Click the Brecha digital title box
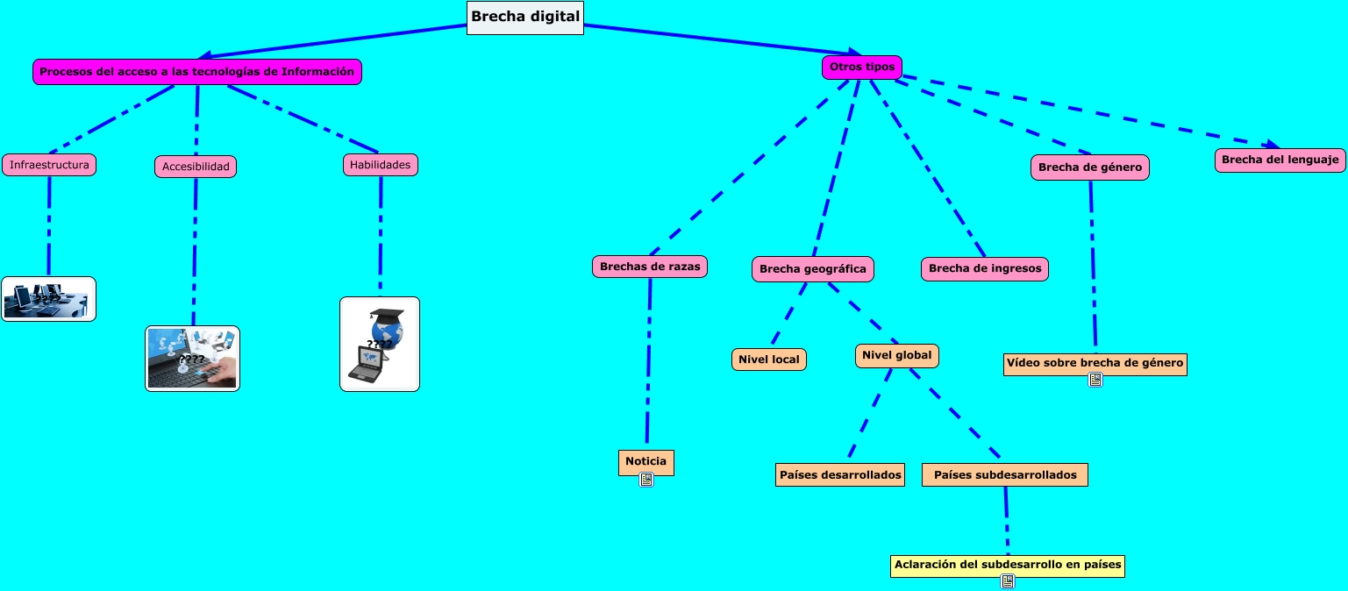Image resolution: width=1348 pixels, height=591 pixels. pos(525,17)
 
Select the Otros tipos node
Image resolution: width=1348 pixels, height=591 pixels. pos(861,68)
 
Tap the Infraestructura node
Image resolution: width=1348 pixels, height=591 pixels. pos(49,165)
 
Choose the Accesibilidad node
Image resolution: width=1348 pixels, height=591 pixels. pos(196,167)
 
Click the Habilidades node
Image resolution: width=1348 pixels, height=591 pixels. pos(380,165)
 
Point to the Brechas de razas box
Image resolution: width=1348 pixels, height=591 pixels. pos(650,267)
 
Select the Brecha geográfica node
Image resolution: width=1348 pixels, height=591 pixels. pos(812,269)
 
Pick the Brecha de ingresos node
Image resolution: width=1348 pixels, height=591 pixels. pos(984,269)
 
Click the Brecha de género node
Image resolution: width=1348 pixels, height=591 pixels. pos(1089,167)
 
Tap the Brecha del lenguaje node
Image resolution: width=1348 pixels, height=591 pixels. pos(1280,160)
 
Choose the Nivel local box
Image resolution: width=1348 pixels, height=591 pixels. pos(768,360)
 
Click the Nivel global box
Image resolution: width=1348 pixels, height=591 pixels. pos(896,355)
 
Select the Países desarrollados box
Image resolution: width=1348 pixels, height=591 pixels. pos(839,475)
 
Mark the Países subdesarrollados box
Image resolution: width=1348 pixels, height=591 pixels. pos(1005,475)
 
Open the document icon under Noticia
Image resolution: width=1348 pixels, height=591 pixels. pos(646,480)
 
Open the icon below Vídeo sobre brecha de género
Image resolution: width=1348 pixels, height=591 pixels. pos(1095,380)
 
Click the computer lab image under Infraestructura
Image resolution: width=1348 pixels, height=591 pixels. pos(48,299)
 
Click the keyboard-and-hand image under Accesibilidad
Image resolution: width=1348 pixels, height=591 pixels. pos(192,358)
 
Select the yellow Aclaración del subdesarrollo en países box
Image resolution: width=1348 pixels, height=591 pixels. pos(1007,565)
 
